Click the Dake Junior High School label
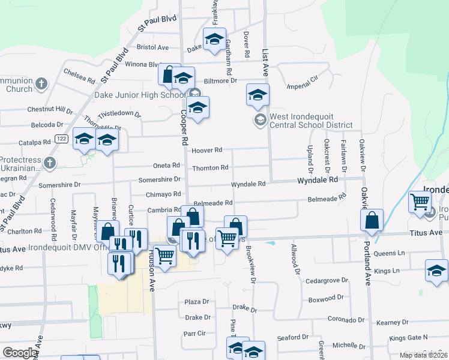pyautogui.click(x=139, y=95)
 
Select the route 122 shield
pyautogui.click(x=61, y=139)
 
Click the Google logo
pyautogui.click(x=20, y=352)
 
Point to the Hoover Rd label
pyautogui.click(x=206, y=150)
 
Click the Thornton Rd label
pyautogui.click(x=210, y=168)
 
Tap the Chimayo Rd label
pyautogui.click(x=164, y=194)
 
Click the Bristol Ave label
pyautogui.click(x=153, y=46)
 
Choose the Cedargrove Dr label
pyautogui.click(x=327, y=280)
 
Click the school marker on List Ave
pyautogui.click(x=258, y=95)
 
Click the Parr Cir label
pyautogui.click(x=194, y=334)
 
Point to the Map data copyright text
pyautogui.click(x=423, y=355)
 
